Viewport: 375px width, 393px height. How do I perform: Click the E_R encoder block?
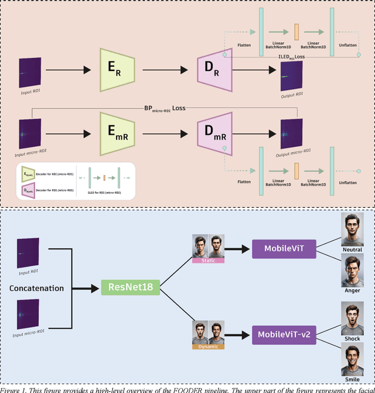[x=117, y=70]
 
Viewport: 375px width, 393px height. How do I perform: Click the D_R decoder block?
[x=214, y=70]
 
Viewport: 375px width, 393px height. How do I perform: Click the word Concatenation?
[x=36, y=288]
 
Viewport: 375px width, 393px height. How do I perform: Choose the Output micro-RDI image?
[x=291, y=133]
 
